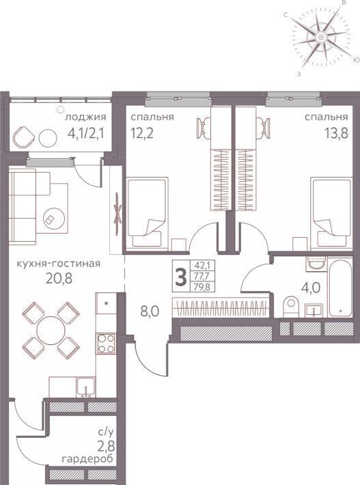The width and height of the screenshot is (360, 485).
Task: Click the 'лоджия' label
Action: [x=85, y=117]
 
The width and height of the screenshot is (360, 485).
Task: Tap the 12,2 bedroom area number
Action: [x=142, y=134]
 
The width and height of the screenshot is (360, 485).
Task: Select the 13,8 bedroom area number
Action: [x=336, y=134]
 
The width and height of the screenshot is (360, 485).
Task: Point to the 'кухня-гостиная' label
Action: [x=59, y=264]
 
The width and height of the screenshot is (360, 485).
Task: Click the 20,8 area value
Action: [x=59, y=279]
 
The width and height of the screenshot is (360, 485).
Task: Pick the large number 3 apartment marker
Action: [x=181, y=277]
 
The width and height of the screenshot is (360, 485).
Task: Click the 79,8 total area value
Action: [x=202, y=287]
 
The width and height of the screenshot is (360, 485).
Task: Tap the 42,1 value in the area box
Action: [x=202, y=265]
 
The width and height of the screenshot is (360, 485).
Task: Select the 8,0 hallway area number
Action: [x=150, y=311]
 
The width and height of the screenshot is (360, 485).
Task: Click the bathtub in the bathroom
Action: [x=340, y=287]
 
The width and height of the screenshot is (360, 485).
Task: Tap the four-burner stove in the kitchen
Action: [x=106, y=343]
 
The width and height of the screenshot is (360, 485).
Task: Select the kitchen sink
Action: [x=85, y=387]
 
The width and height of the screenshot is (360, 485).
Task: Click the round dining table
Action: [x=51, y=331]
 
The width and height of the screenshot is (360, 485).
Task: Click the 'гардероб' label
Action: [x=87, y=459]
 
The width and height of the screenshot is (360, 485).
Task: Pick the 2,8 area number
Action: [x=107, y=447]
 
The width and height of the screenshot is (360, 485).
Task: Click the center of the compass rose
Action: [x=321, y=38]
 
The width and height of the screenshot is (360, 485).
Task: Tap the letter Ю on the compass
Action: [x=356, y=59]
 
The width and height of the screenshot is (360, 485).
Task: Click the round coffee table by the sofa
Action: [x=54, y=219]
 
